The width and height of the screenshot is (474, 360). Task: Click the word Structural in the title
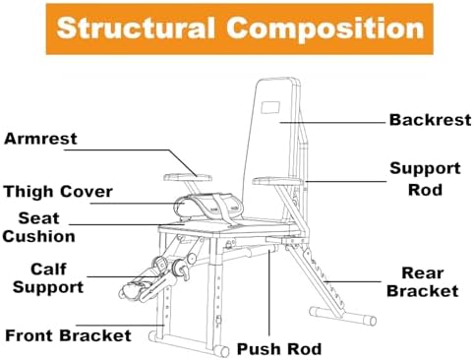point(136,29)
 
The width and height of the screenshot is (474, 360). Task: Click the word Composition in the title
point(326,29)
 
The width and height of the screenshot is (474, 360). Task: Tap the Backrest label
point(430,120)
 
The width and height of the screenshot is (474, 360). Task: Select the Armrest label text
point(40,139)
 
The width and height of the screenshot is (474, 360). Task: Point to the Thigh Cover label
point(58,192)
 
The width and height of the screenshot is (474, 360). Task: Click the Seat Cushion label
point(39,227)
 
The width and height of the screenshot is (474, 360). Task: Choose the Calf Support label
point(48,278)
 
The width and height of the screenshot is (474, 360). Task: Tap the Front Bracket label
point(68,335)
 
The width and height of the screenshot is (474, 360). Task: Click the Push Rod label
point(279,349)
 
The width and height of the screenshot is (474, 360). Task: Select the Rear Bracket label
point(423,282)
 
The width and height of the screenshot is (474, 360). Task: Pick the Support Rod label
point(425,179)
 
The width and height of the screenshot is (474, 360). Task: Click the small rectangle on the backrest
point(270,107)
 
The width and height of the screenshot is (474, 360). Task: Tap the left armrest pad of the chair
point(188,178)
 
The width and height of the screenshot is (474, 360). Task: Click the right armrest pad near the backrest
point(277,181)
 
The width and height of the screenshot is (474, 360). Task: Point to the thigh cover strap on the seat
point(223,210)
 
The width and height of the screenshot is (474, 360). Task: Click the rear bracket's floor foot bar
point(343,316)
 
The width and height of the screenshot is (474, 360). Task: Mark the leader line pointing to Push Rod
point(268,292)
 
